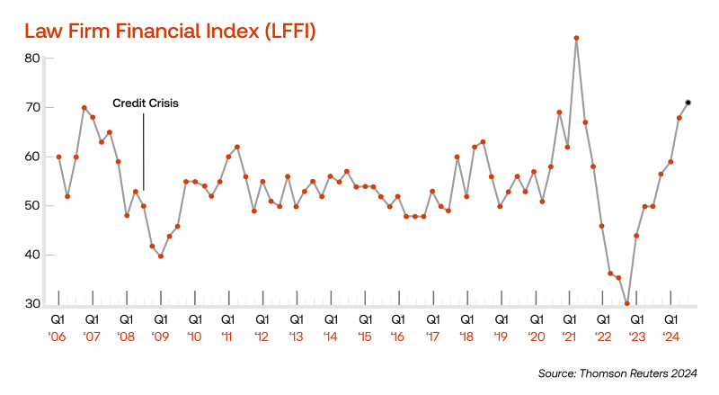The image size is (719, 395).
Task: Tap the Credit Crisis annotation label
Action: tap(146, 103)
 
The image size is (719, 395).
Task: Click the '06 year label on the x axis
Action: tap(58, 337)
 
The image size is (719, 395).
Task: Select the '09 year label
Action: tap(160, 337)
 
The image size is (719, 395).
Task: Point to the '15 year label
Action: tap(364, 337)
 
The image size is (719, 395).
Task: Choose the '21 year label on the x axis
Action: tap(568, 337)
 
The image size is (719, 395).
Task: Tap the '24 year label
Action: tap(670, 337)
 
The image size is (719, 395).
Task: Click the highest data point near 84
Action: tap(576, 38)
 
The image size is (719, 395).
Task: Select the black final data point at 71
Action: tap(688, 103)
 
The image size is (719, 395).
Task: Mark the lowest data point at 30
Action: tap(627, 303)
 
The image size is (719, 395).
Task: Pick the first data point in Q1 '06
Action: tap(58, 157)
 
